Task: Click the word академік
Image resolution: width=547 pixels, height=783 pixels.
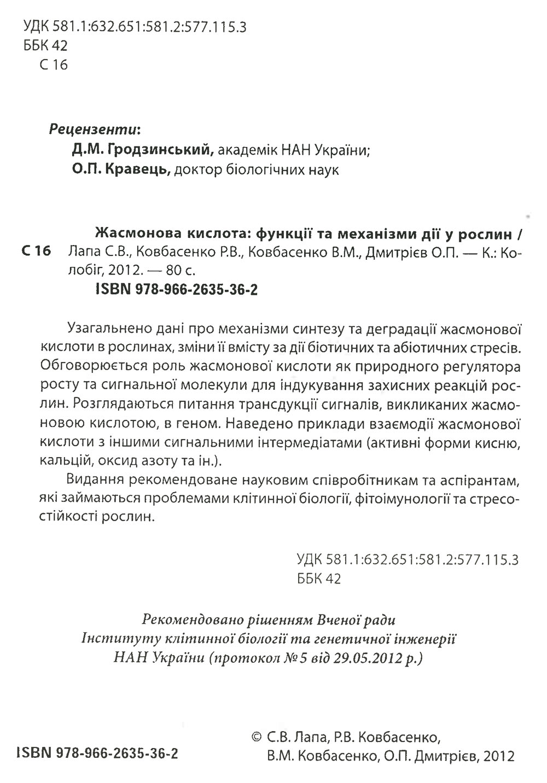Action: coord(249,149)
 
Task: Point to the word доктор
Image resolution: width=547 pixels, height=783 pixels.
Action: coord(199,170)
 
